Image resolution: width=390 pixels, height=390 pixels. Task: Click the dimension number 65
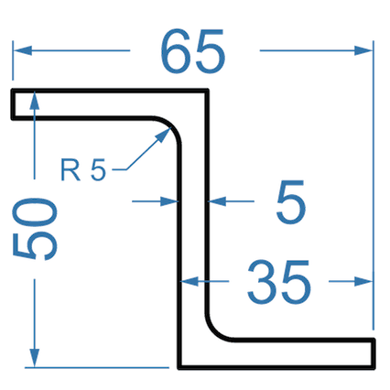click(x=193, y=51)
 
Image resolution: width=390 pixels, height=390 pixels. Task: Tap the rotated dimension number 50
click(x=35, y=229)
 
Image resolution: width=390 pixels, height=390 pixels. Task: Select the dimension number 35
click(x=279, y=282)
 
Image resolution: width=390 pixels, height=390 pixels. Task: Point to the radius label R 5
click(x=83, y=169)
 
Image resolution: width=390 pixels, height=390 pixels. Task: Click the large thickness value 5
click(x=291, y=202)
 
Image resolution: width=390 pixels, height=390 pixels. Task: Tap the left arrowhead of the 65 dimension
click(x=23, y=50)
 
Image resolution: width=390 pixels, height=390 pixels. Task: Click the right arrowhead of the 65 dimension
click(x=363, y=50)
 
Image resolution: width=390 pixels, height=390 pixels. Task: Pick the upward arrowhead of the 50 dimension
click(x=35, y=101)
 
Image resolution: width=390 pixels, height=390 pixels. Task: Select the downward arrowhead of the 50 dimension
click(x=35, y=358)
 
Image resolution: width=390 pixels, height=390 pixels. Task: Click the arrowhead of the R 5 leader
click(x=164, y=135)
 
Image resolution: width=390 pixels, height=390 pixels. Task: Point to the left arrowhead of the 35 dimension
click(x=190, y=281)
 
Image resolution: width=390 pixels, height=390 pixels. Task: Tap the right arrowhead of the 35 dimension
click(x=363, y=281)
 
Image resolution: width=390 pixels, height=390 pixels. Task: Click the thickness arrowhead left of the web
click(x=169, y=201)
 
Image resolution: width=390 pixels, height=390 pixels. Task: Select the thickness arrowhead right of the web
click(x=217, y=201)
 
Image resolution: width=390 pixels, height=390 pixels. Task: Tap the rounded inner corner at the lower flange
click(x=215, y=331)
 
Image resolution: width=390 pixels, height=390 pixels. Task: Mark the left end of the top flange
click(x=13, y=103)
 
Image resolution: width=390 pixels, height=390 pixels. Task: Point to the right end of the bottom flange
click(x=373, y=353)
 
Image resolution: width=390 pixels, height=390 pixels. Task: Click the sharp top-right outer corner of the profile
click(x=207, y=91)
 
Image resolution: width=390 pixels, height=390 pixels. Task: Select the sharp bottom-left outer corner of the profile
click(x=179, y=367)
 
